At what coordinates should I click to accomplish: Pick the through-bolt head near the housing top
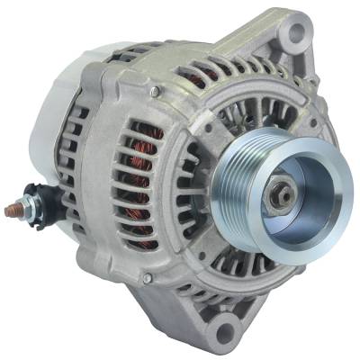[155, 92]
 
